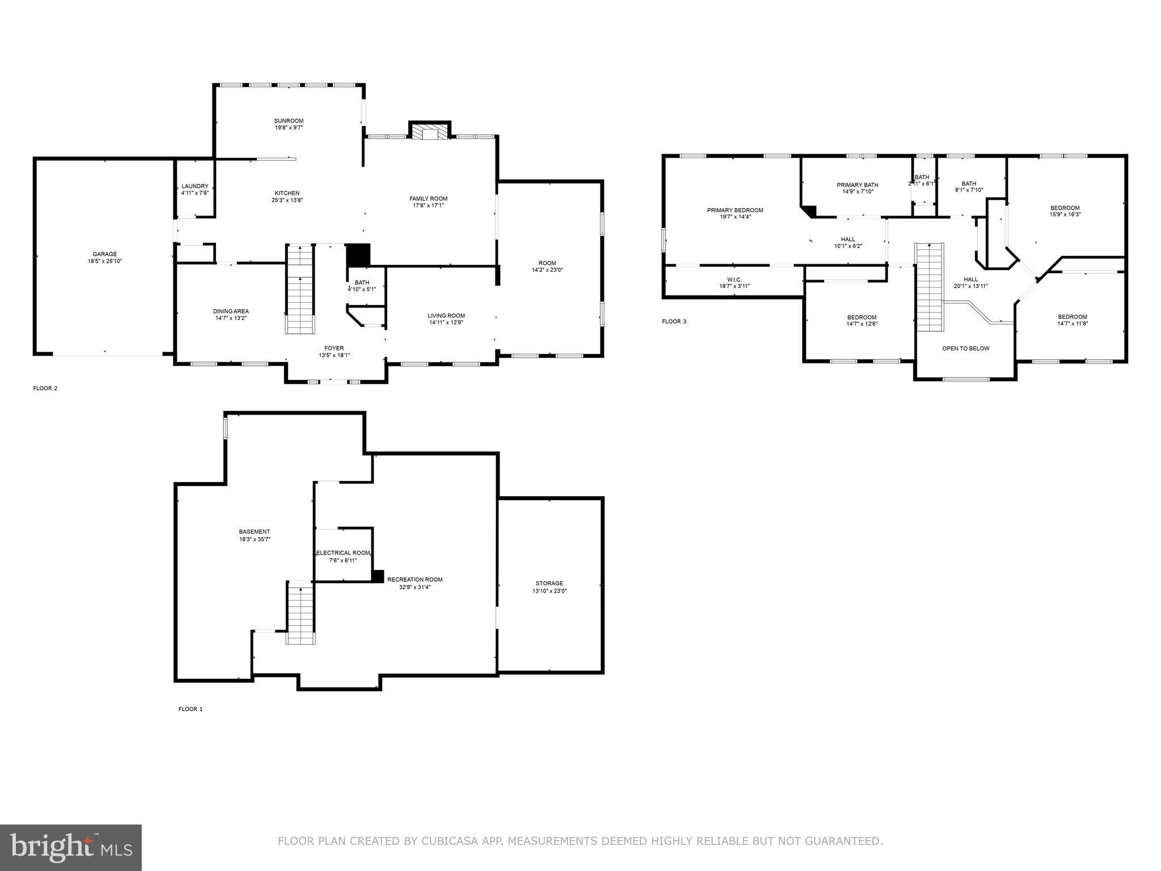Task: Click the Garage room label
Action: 105,254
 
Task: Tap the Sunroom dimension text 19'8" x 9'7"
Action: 289,128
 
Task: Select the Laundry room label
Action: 195,186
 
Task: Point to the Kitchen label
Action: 287,193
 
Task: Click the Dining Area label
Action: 231,311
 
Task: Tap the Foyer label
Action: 334,348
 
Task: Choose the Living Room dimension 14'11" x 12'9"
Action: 446,323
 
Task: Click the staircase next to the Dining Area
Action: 299,289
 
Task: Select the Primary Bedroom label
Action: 735,210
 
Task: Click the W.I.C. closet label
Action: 734,280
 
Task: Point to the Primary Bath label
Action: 857,185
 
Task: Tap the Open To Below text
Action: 965,348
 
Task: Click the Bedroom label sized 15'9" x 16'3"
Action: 1065,208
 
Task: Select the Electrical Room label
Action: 343,553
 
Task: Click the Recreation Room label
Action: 414,580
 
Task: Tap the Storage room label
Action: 549,583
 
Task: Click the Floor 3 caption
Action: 674,322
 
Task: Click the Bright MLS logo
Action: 71,847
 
